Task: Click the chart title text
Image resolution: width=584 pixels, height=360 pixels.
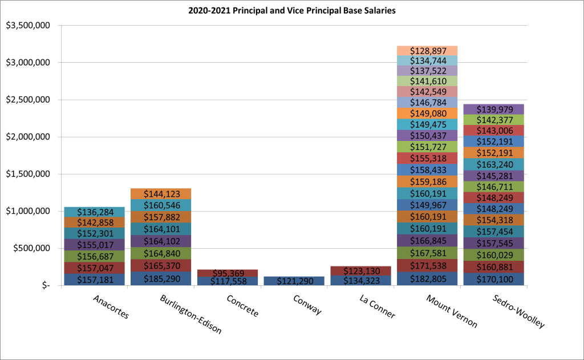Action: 291,11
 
